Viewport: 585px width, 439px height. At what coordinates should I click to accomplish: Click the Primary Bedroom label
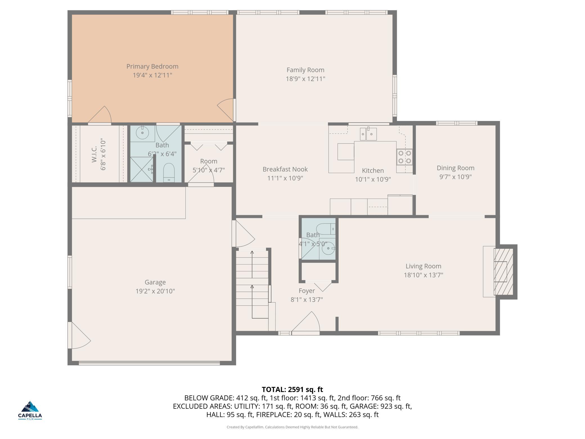(152, 66)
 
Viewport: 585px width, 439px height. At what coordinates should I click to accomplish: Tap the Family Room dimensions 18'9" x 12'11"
(305, 79)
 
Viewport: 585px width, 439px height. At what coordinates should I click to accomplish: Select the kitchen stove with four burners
(404, 157)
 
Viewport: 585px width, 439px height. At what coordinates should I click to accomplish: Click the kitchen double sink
(368, 134)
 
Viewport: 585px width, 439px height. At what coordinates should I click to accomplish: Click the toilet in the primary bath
(169, 172)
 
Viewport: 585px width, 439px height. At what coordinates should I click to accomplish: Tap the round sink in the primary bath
(143, 133)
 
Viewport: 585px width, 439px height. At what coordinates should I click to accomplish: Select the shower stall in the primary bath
(142, 169)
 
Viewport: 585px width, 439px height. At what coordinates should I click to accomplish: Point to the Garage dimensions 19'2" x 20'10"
(155, 291)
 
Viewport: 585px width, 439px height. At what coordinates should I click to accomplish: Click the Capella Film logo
(30, 410)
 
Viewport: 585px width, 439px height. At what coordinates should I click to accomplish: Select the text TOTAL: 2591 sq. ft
(292, 389)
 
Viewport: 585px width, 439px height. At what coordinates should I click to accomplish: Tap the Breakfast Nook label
(285, 169)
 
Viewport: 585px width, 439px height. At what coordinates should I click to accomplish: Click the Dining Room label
(456, 168)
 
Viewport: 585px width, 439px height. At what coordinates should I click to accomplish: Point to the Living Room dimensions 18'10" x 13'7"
(424, 275)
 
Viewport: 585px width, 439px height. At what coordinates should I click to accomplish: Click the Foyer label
(307, 291)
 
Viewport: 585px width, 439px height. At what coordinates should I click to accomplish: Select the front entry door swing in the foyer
(306, 322)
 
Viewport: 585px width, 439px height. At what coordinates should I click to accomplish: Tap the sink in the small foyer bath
(328, 248)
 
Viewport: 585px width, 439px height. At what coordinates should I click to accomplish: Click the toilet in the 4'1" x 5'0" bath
(326, 229)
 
